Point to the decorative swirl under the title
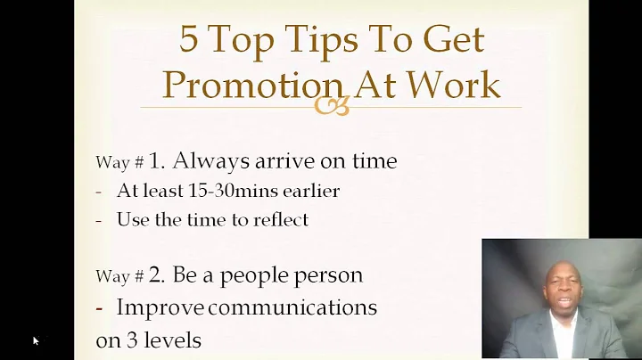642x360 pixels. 331,107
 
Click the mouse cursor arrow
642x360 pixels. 36,340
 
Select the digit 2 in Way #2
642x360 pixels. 155,274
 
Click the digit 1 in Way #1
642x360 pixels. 155,161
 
